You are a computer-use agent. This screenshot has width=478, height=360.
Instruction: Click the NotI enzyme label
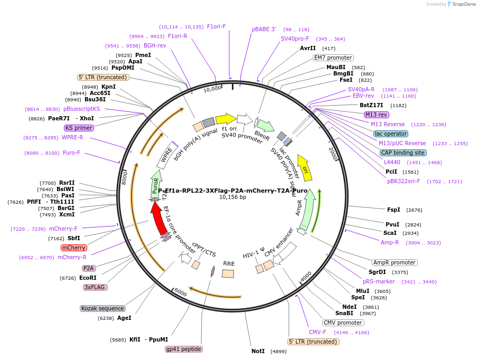coord(258,351)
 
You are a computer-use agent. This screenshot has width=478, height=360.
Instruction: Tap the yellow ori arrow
coord(303,165)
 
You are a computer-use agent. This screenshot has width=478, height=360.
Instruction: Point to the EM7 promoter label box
coord(333,58)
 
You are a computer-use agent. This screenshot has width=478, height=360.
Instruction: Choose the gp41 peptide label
coord(184,349)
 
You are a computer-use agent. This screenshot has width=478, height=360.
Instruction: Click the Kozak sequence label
coord(103,308)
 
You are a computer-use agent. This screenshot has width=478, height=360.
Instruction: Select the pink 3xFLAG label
coord(96,287)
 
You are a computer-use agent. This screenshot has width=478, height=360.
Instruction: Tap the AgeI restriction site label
coord(124,318)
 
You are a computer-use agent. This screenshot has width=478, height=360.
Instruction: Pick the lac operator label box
coord(390,134)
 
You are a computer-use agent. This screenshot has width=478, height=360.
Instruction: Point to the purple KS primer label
coord(79,128)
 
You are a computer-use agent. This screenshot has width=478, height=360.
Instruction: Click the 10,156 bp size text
coord(233,197)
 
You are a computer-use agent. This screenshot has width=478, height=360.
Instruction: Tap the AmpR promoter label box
coord(395,262)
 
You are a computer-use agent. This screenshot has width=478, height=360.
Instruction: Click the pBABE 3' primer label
coord(264,30)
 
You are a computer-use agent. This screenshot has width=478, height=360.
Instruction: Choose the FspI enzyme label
coord(393,210)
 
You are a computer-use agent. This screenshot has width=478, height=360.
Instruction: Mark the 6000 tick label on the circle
coord(181,292)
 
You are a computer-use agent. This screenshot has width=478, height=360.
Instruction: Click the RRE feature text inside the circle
coord(229,263)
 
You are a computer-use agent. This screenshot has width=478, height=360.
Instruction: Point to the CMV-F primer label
coord(317,333)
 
